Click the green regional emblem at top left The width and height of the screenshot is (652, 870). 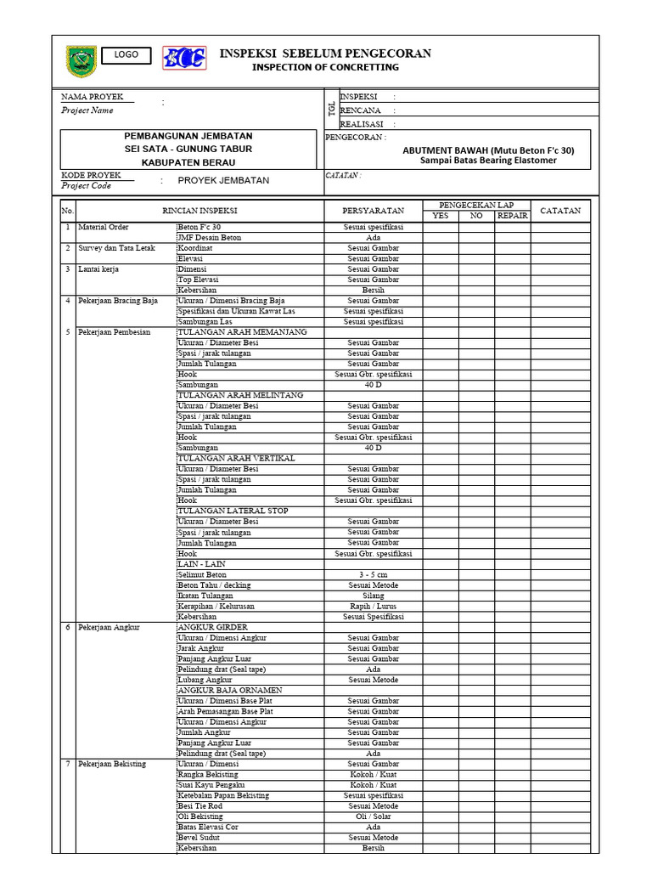[81, 61]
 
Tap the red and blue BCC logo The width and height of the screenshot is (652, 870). [184, 59]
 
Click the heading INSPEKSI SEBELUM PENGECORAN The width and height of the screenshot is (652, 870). [325, 54]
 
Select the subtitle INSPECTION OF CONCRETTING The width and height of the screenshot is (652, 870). [325, 67]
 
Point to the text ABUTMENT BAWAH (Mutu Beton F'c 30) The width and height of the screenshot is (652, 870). [488, 150]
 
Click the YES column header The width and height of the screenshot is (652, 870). [441, 216]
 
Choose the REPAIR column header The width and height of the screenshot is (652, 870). [512, 216]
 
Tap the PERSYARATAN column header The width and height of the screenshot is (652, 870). [374, 211]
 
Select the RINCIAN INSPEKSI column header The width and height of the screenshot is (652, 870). [200, 211]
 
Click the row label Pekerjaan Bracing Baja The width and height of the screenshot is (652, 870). [118, 301]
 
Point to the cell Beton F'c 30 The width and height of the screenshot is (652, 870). [199, 228]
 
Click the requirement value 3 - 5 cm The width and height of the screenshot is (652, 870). [374, 575]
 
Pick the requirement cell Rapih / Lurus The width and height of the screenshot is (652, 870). [374, 607]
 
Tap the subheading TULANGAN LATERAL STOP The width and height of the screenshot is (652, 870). [233, 511]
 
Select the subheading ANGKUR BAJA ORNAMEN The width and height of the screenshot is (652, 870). [229, 691]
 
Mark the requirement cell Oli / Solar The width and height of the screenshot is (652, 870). [374, 816]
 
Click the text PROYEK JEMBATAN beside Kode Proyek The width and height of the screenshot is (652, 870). [223, 180]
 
